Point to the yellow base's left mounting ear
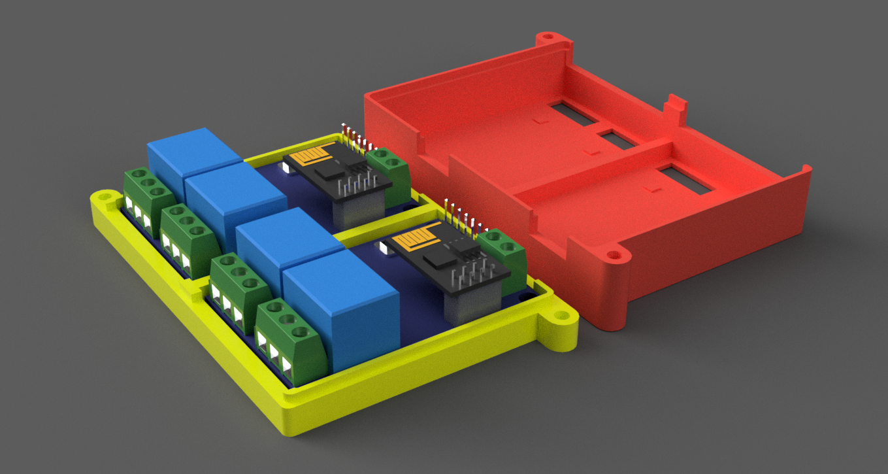(103, 199)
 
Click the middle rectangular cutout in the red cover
(618, 139)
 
